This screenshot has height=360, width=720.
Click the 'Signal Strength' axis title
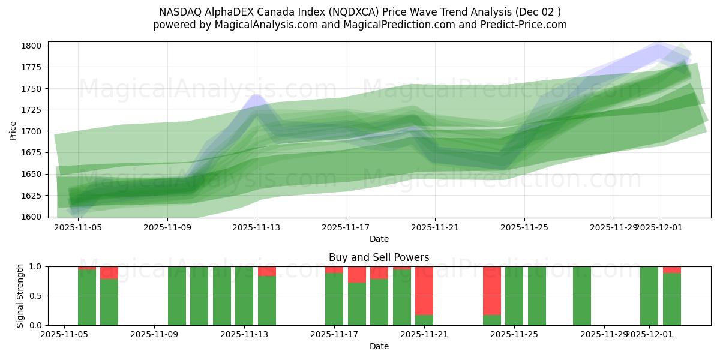20,296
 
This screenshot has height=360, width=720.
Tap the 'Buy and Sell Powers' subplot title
379,257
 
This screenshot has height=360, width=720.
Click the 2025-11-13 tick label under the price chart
257,227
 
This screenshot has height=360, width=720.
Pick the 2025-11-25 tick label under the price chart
524,227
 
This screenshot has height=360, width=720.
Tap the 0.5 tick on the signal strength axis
36,296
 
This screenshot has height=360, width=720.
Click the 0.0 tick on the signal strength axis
36,325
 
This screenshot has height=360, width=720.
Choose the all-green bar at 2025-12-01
649,296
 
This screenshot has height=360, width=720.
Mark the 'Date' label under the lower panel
379,346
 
